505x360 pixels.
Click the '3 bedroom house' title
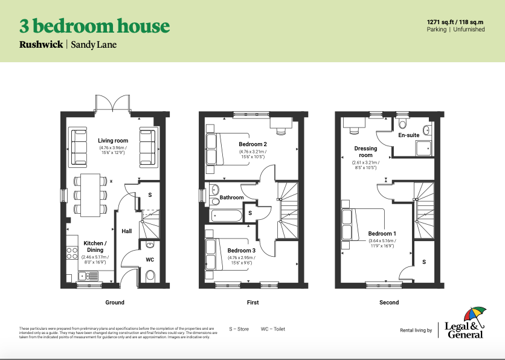[x=94, y=27]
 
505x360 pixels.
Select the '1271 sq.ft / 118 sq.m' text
[x=455, y=21]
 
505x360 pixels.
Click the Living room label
[x=113, y=141]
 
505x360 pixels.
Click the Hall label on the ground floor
[x=127, y=231]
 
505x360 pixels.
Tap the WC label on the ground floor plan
[x=150, y=260]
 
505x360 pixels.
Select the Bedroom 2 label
[x=252, y=144]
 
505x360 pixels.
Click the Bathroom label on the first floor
[x=231, y=198]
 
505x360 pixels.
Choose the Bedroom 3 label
[x=242, y=250]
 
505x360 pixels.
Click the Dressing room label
[x=365, y=152]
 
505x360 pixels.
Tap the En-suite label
[x=408, y=135]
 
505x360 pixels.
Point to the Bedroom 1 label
[x=382, y=234]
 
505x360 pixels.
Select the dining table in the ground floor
[x=90, y=194]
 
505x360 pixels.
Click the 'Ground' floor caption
[x=114, y=302]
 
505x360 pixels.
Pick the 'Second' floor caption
[x=388, y=302]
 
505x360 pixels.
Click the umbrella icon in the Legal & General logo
[x=474, y=315]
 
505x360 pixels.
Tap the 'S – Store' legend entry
[x=240, y=329]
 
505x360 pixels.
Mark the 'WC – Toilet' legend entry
[x=272, y=329]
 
